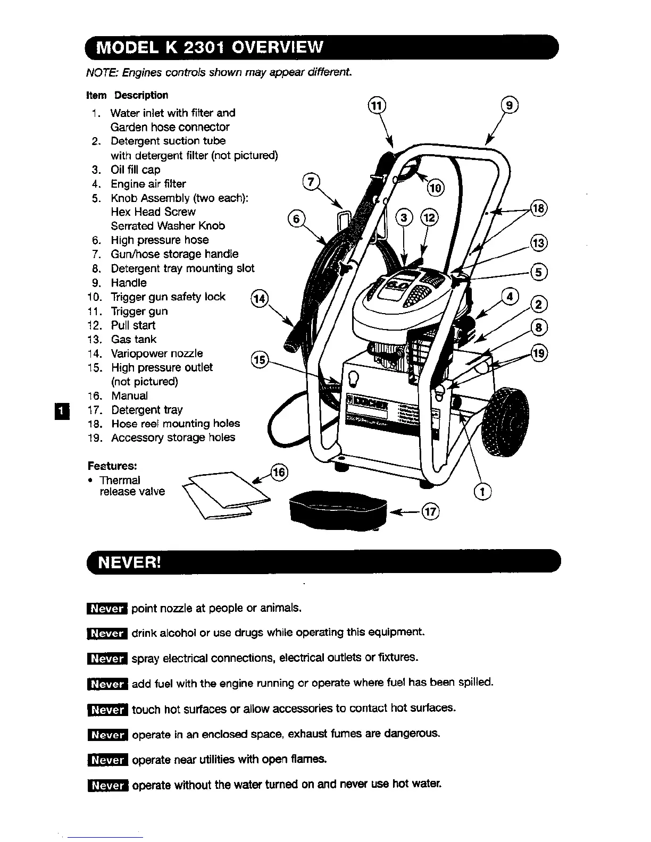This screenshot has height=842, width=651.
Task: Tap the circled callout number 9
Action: [x=510, y=105]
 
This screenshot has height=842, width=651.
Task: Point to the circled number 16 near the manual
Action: [x=279, y=472]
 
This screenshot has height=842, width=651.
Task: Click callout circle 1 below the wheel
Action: [x=482, y=492]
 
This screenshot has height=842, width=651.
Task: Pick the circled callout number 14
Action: [x=260, y=299]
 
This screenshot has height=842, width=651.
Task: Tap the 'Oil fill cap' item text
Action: [x=135, y=170]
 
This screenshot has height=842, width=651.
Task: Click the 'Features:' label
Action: [x=112, y=466]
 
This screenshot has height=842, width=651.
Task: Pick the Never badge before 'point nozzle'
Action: [x=106, y=609]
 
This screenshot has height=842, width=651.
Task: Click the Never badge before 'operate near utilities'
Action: [x=106, y=760]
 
